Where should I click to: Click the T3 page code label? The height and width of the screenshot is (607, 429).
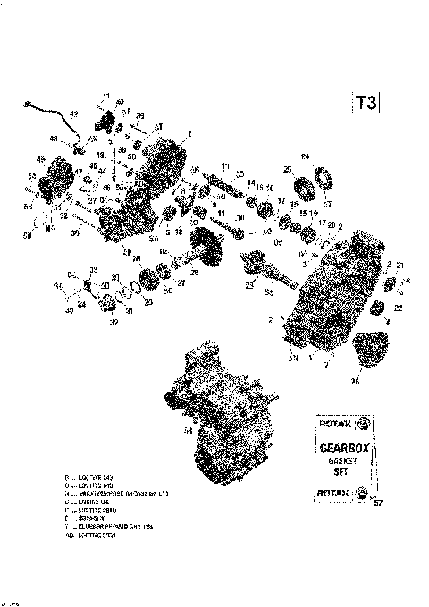pos(366,102)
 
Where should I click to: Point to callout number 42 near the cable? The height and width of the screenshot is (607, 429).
pos(74,114)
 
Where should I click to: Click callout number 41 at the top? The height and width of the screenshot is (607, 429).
pos(105,96)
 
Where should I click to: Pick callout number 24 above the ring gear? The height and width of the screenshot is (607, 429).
pos(305,156)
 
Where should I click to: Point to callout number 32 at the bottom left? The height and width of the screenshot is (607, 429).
pos(113,323)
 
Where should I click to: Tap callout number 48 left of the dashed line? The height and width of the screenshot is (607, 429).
pos(101,154)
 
